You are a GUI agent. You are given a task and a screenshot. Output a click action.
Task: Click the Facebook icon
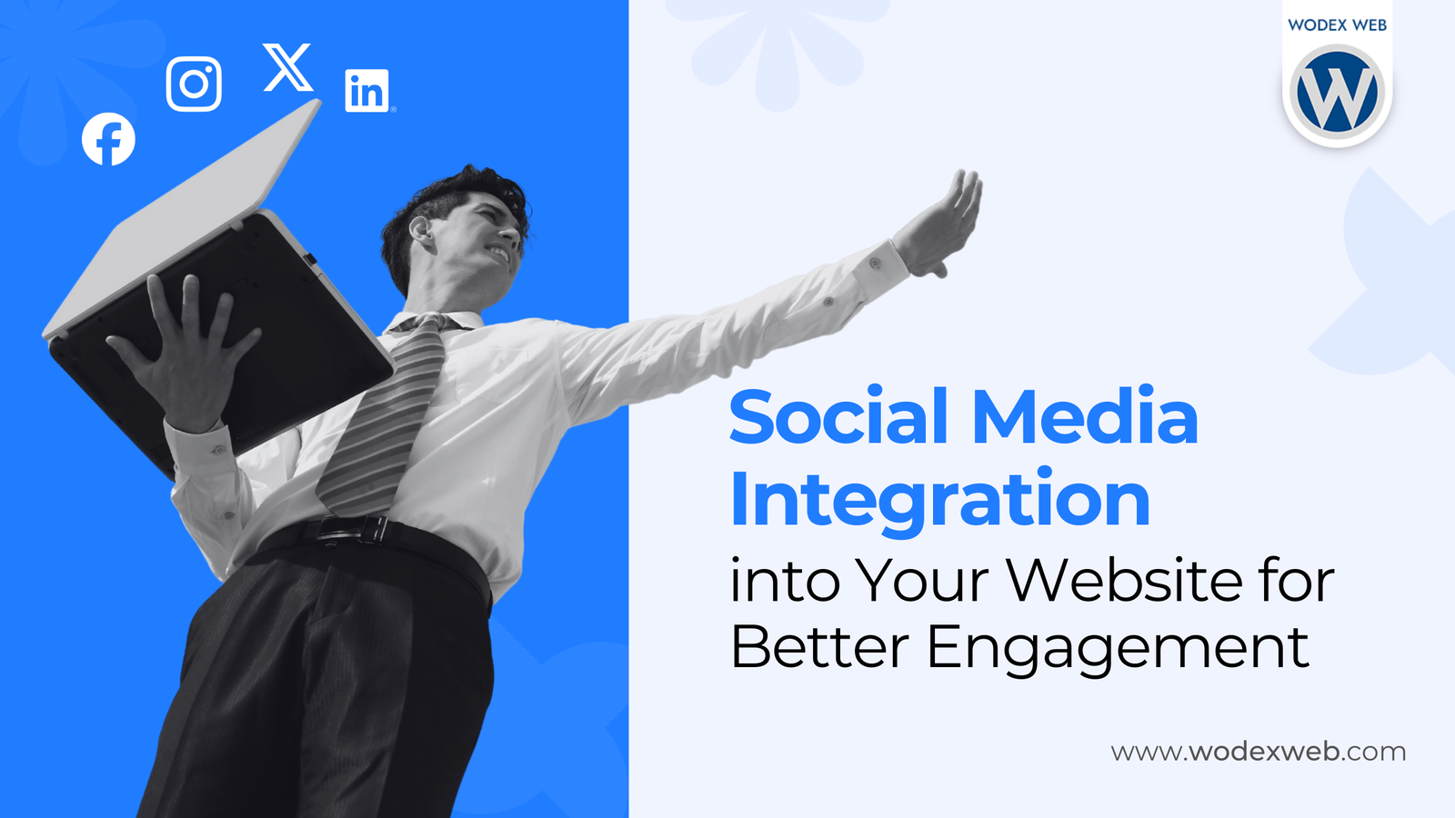[108, 139]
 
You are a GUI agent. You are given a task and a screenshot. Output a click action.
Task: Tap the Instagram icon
[194, 85]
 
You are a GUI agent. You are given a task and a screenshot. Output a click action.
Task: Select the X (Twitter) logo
[287, 67]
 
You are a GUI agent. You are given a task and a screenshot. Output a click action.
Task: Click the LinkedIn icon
[367, 91]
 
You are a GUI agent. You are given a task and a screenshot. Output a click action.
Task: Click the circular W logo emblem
[1338, 92]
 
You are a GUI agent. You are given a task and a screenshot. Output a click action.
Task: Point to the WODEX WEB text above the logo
[1338, 25]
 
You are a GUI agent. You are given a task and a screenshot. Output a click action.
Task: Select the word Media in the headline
[1086, 415]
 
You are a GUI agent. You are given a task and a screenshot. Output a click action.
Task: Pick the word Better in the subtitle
[819, 646]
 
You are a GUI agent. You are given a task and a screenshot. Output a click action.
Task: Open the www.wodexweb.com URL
[1259, 752]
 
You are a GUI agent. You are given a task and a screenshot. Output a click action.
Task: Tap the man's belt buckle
[351, 529]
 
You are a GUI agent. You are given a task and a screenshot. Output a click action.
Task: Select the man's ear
[420, 231]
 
